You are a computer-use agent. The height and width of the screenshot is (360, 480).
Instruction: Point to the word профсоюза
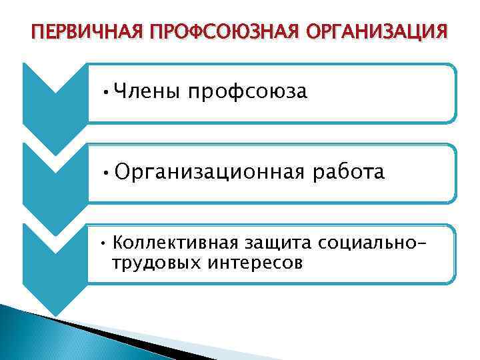pos(247,92)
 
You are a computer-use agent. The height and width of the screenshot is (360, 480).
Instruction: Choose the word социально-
pos(371,241)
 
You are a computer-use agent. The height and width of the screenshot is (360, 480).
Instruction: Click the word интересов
pos(255,263)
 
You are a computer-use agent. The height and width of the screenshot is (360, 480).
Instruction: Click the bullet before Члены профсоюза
pos(107,93)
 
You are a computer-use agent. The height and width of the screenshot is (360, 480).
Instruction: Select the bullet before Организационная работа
pos(107,173)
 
